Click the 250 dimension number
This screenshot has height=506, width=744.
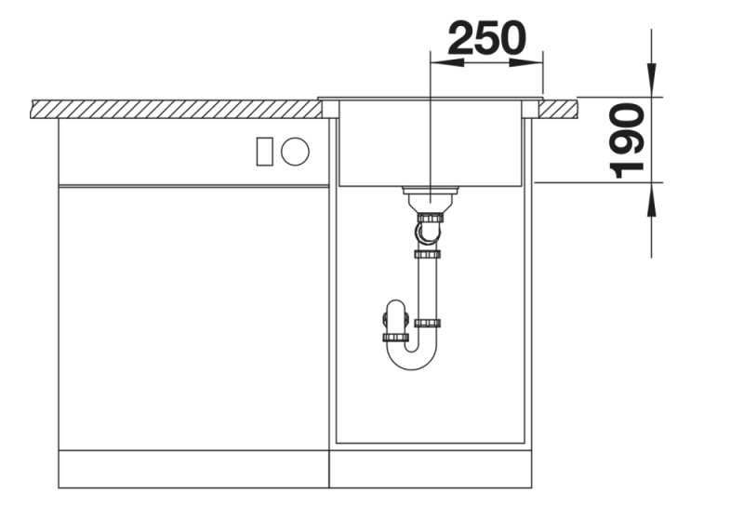click(486, 38)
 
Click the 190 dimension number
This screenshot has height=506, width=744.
click(626, 140)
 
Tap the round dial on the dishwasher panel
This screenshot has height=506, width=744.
click(295, 152)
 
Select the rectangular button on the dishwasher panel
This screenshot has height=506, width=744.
click(264, 152)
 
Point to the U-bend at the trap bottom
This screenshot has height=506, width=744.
click(412, 362)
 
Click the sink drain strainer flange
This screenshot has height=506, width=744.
click(431, 190)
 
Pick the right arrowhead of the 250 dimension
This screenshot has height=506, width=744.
click(525, 62)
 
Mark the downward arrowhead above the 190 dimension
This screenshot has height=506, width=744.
click(652, 80)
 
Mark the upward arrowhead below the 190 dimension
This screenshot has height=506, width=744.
click(652, 199)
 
